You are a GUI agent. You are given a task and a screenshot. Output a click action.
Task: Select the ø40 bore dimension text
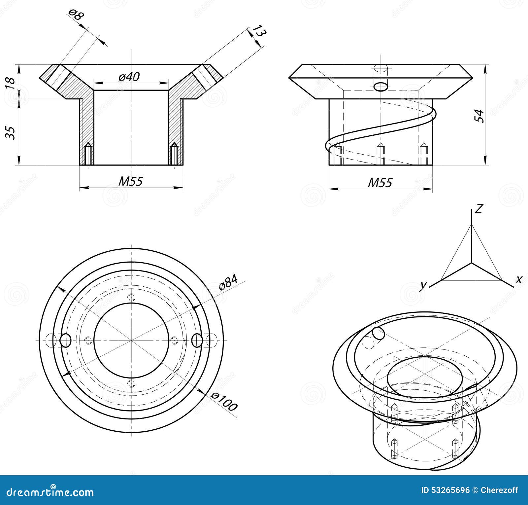point(129,77)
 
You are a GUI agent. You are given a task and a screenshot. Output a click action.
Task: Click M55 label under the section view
point(131,181)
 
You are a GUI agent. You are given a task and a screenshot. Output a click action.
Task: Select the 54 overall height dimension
point(480,116)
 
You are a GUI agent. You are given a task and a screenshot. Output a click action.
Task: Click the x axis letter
point(519,280)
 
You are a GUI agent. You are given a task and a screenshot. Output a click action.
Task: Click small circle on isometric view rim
point(379,334)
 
